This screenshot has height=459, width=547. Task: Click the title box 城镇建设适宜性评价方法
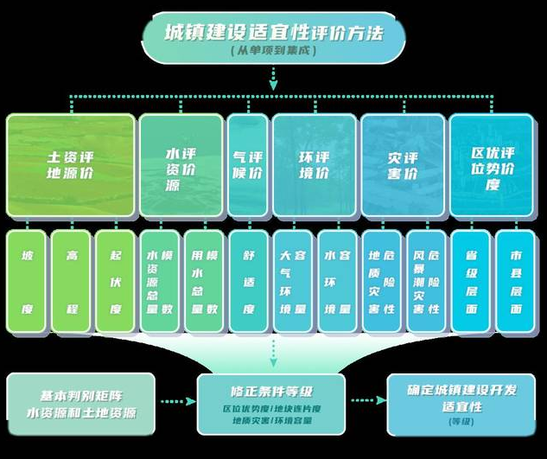[x=273, y=33]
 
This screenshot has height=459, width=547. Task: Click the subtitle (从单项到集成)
[x=274, y=52]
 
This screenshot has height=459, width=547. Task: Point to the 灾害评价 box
[x=402, y=165]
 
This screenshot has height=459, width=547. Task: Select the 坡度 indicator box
[x=28, y=282]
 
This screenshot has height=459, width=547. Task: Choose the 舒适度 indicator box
[x=248, y=282]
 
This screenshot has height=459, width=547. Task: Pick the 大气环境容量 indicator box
[x=293, y=282]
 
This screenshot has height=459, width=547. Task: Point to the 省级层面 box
[x=472, y=282]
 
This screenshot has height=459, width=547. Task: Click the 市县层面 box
[x=517, y=282]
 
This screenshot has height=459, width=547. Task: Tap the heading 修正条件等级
[x=271, y=386]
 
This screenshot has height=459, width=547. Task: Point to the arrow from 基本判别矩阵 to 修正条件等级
[x=176, y=402]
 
